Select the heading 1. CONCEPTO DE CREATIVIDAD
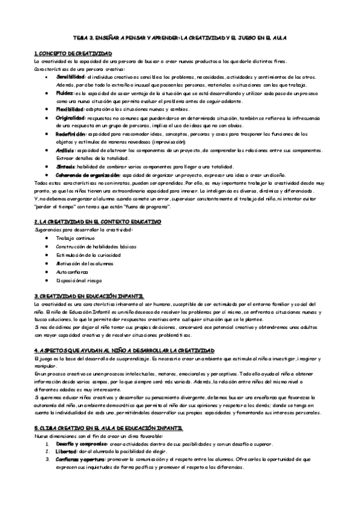click(73, 55)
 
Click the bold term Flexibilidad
click(70, 109)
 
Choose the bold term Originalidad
click(70, 117)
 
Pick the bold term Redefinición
click(72, 134)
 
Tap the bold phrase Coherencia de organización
click(83, 174)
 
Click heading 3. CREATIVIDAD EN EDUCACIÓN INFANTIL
click(89, 296)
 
